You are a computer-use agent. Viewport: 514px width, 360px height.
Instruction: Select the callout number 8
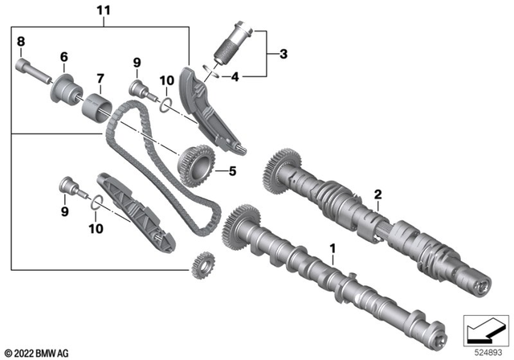pos(21,41)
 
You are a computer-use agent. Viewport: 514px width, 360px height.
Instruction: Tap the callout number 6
pos(62,56)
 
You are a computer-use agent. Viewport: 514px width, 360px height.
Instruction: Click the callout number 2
pos(377,194)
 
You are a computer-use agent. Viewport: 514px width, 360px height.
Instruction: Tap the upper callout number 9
pos(137,62)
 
